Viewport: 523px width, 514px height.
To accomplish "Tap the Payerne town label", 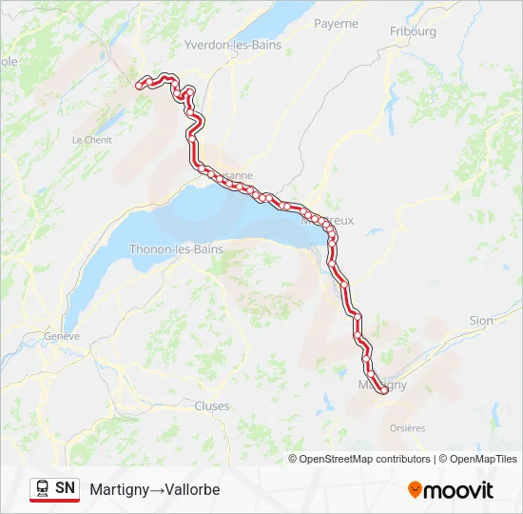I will tap(336, 23).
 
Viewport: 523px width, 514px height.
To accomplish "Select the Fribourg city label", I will tap(413, 31).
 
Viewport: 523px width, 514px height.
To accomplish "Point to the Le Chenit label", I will tap(91, 139).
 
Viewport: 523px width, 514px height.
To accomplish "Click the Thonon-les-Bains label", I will tap(178, 249).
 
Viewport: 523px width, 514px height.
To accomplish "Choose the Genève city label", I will tap(62, 336).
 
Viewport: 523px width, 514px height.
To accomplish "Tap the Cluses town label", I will tap(211, 405).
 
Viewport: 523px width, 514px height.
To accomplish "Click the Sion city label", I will tap(481, 321).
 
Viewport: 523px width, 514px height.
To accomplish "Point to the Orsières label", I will tap(407, 428).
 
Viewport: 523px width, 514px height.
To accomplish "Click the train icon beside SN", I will tap(43, 488).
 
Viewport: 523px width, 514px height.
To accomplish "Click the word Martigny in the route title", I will tap(120, 489).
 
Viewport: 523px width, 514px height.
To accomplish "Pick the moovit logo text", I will tap(458, 490).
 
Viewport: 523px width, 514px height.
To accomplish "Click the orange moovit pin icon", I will tap(415, 490).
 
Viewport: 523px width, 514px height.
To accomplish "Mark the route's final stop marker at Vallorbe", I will tap(140, 86).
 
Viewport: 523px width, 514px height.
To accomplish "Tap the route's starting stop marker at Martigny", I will tap(382, 388).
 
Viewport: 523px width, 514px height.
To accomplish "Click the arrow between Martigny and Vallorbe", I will tap(157, 489).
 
